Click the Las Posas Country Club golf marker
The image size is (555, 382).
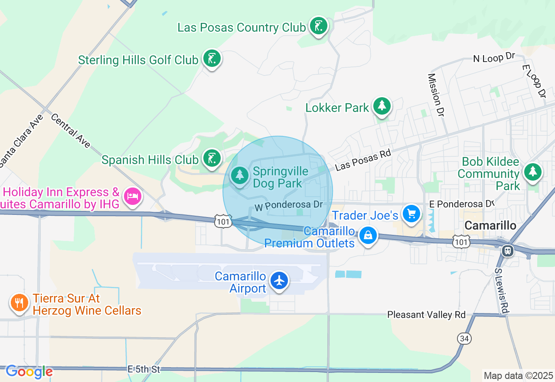click(x=319, y=26)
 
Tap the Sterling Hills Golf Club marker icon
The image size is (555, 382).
click(x=212, y=59)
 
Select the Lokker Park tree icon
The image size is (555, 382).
click(x=382, y=106)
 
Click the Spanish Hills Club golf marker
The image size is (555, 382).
click(x=212, y=158)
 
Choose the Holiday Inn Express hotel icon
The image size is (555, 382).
click(x=132, y=197)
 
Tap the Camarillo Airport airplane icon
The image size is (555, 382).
click(x=279, y=280)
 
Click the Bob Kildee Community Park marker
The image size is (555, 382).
click(x=532, y=172)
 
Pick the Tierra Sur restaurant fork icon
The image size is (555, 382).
click(x=19, y=303)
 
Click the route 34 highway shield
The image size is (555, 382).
click(x=464, y=338)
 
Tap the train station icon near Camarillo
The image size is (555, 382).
click(x=508, y=250)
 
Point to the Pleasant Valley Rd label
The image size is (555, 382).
click(x=426, y=315)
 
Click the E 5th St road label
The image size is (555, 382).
click(x=144, y=369)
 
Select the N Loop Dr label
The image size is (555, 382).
click(x=493, y=58)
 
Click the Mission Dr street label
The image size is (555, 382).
click(x=436, y=95)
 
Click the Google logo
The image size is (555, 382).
click(x=29, y=372)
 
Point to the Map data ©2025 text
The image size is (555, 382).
click(x=518, y=375)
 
